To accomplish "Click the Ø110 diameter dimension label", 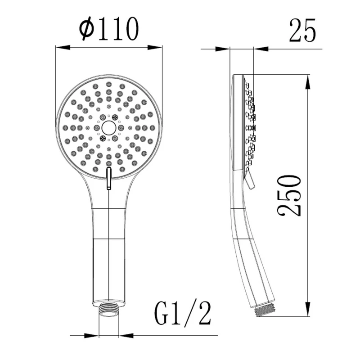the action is [x=109, y=29].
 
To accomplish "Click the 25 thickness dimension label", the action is [x=302, y=30].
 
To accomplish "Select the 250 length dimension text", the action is [x=289, y=195].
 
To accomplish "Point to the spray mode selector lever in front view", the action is [x=109, y=178].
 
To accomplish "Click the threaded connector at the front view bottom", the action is [x=109, y=310].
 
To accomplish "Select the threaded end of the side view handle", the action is [x=265, y=310].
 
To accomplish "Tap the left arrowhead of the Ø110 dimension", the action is [x=63, y=48].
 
